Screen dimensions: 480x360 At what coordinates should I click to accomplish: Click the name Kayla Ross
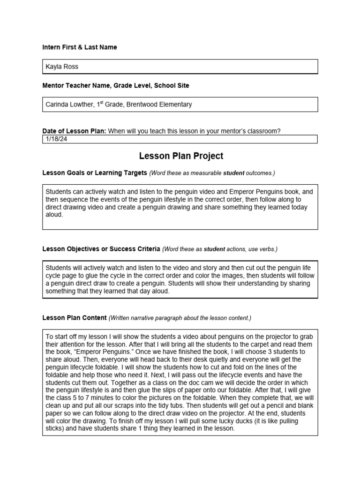62,67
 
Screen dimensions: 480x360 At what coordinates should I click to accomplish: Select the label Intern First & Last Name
80,47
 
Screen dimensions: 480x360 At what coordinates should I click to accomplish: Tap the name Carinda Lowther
68,105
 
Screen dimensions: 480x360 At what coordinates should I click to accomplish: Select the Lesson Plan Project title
181,156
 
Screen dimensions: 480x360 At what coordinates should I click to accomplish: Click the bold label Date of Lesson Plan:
74,131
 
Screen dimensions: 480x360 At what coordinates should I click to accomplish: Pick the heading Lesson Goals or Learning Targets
95,173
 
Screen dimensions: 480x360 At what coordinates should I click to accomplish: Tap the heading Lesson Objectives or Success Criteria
101,249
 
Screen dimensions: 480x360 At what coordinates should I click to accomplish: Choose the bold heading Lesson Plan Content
74,318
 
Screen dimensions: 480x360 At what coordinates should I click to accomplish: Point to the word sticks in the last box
55,428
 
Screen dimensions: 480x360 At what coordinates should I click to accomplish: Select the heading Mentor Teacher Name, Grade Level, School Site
116,86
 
